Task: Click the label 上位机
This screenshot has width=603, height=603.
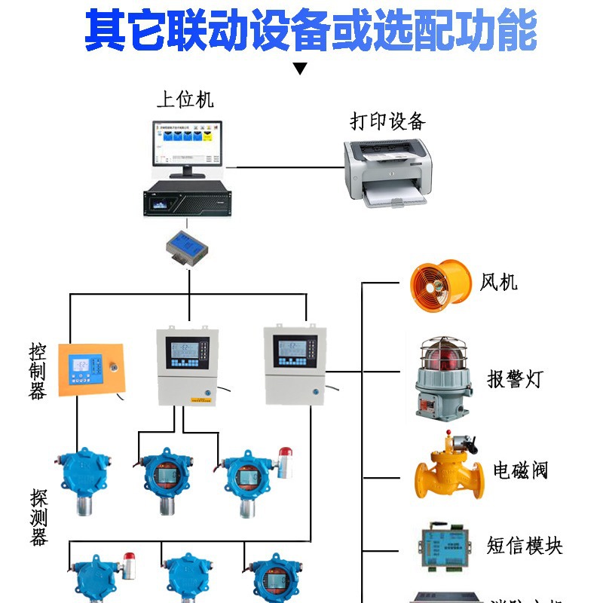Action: click(185, 99)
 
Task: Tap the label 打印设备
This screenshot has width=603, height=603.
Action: click(388, 121)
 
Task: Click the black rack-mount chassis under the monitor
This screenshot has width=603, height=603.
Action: click(188, 200)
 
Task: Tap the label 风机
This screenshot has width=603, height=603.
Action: click(499, 283)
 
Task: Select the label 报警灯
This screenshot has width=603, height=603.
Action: click(515, 379)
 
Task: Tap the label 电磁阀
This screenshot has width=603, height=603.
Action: click(520, 470)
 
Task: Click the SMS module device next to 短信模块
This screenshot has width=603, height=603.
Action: click(445, 543)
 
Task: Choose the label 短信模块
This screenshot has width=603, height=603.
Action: click(525, 545)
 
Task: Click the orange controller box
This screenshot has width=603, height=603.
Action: click(91, 372)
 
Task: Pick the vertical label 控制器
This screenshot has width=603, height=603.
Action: click(38, 371)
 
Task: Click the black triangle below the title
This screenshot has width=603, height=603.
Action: click(301, 69)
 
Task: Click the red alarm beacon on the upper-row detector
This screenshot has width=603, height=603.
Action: click(284, 457)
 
